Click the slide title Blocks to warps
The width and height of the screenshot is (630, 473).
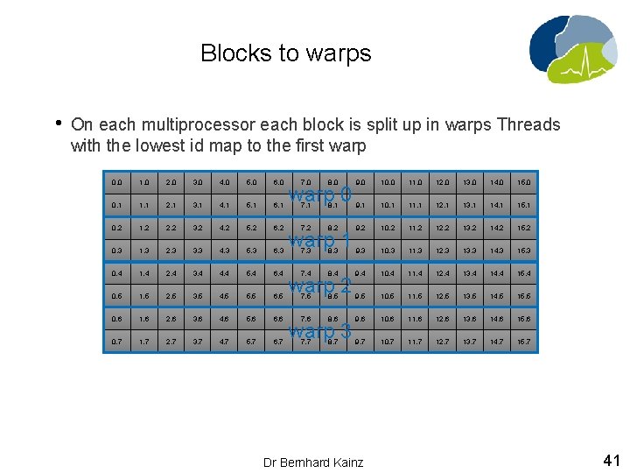tap(285, 53)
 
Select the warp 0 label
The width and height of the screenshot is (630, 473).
tap(320, 194)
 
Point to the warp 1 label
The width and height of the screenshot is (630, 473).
tap(320, 239)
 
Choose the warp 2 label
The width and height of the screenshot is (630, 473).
tap(320, 286)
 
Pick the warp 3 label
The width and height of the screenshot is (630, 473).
tap(320, 331)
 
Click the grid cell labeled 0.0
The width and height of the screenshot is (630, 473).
tap(117, 183)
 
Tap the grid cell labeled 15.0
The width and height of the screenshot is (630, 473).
tap(525, 183)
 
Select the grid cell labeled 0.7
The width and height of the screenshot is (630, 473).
tap(117, 342)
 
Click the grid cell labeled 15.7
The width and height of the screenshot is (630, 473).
tap(525, 342)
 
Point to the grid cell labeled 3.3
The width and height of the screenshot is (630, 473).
tap(199, 251)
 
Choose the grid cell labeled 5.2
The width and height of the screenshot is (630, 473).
tap(253, 229)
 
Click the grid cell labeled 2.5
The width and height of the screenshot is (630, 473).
tap(171, 297)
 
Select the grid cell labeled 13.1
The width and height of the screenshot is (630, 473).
tap(471, 206)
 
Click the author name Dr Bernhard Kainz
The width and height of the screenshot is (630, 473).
tap(313, 462)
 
